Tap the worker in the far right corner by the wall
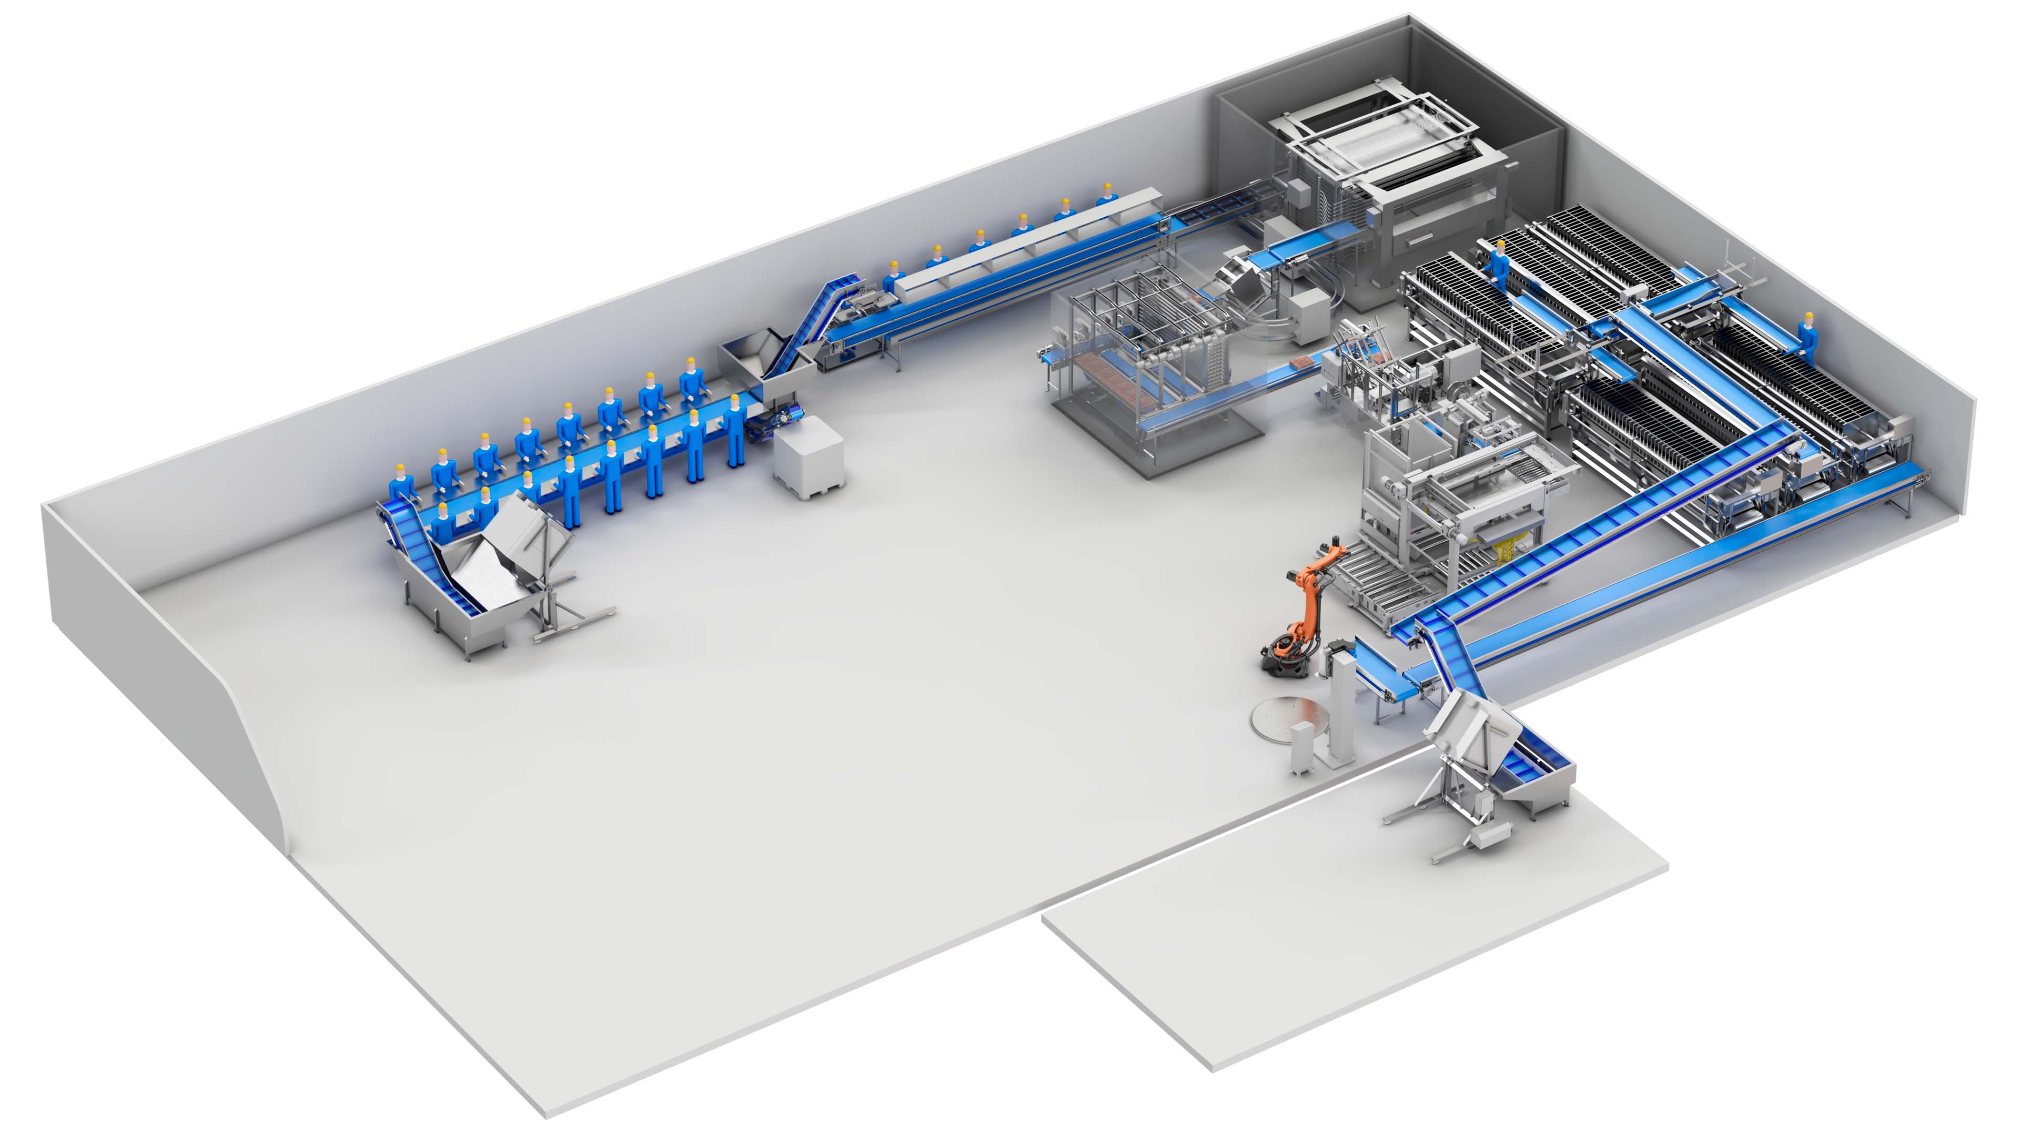(1807, 337)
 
